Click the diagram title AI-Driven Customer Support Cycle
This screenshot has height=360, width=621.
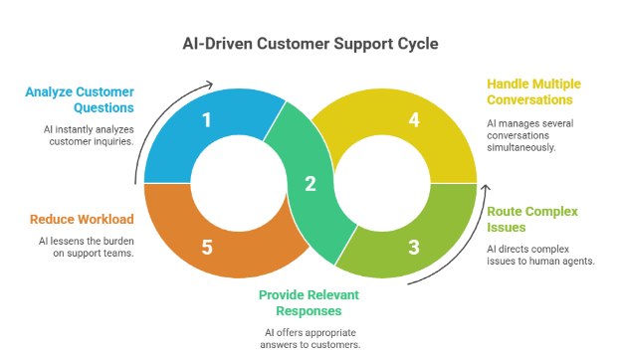click(x=310, y=44)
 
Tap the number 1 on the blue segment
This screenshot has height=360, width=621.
click(x=207, y=121)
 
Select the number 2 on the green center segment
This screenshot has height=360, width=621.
click(x=310, y=184)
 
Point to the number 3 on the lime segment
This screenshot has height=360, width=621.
click(x=413, y=246)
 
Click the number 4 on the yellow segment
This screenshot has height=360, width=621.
click(x=413, y=121)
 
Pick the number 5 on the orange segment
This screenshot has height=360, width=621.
click(x=207, y=246)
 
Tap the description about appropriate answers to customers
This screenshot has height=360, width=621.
click(x=310, y=338)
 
